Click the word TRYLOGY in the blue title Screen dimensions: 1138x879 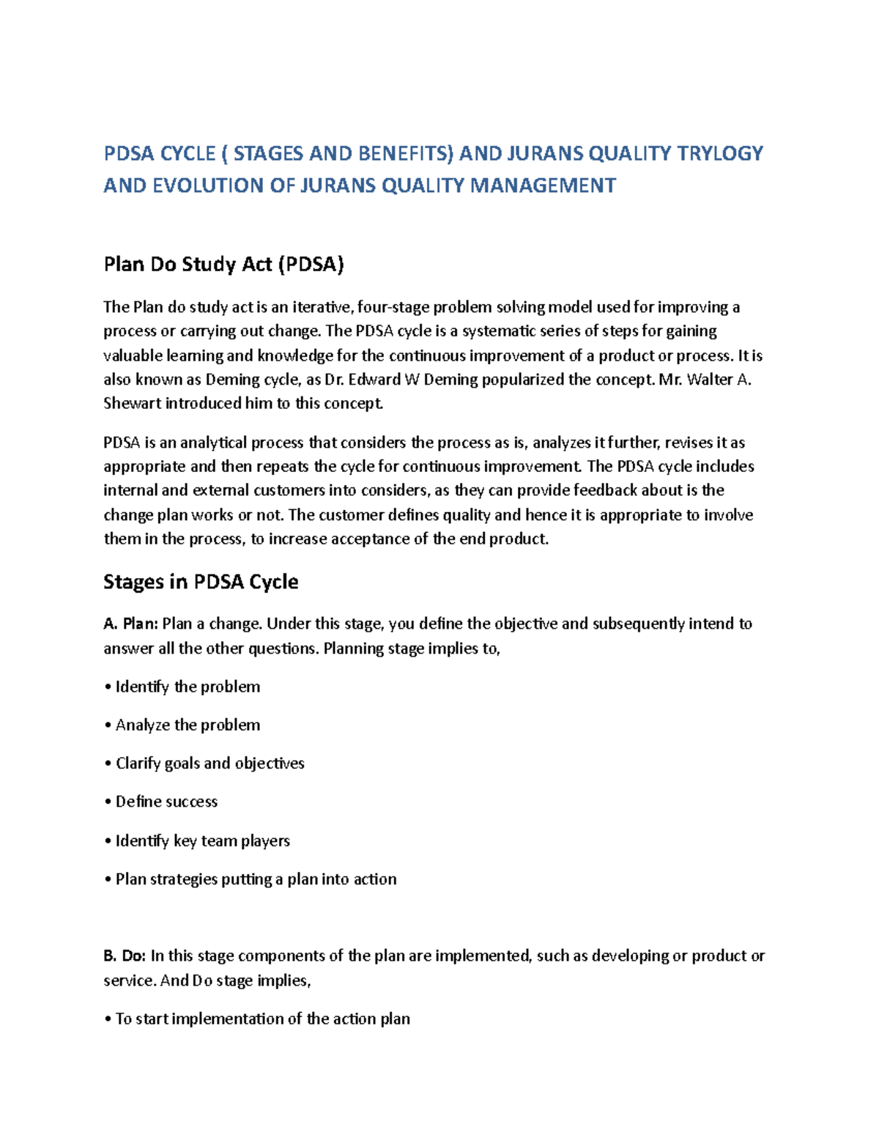point(720,153)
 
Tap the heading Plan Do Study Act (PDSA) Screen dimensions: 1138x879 point(223,264)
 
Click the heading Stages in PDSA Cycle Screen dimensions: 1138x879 point(201,582)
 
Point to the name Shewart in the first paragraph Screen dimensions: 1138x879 point(133,403)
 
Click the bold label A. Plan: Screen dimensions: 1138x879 point(130,624)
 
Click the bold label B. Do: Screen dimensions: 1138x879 point(125,956)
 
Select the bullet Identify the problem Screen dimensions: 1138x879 point(188,687)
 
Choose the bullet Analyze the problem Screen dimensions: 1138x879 point(188,725)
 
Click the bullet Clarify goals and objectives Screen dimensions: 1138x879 point(209,763)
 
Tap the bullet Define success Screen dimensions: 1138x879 point(166,801)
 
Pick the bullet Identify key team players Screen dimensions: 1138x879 point(202,840)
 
